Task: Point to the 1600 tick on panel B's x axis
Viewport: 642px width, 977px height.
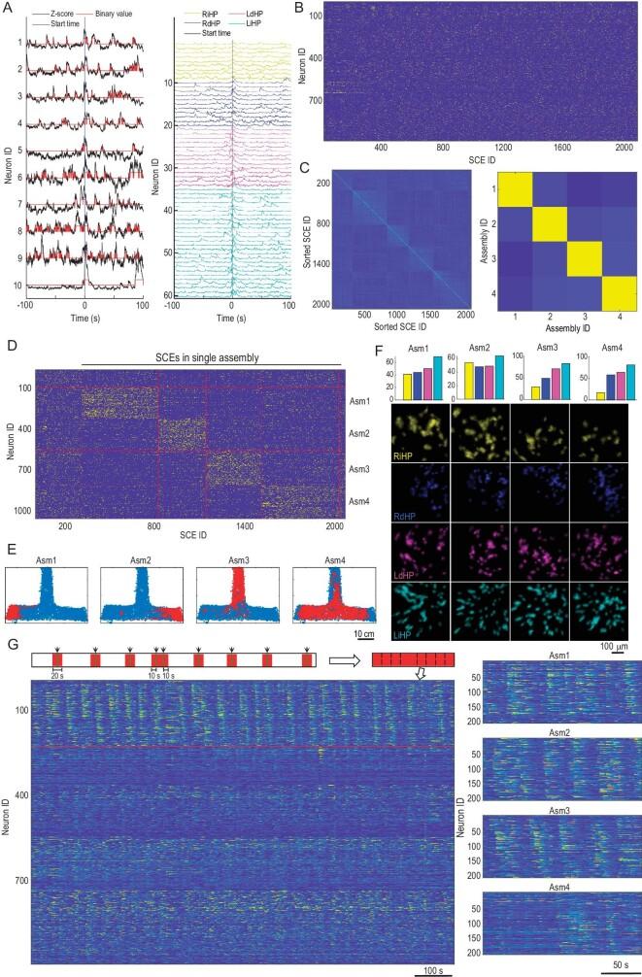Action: tap(563, 151)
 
